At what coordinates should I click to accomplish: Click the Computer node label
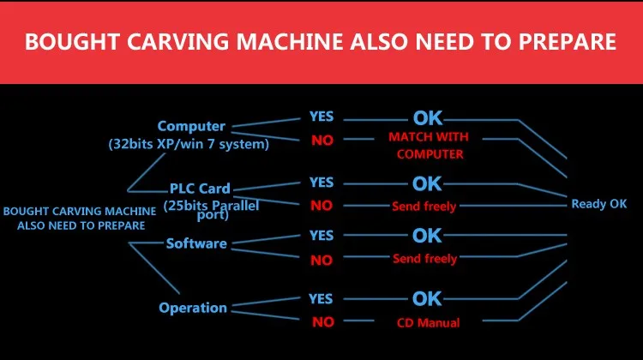tap(190, 127)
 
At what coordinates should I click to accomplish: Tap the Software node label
tap(196, 243)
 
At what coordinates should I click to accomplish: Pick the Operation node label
tap(193, 308)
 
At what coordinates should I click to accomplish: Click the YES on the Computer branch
tap(321, 117)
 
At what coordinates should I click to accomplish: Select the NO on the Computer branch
tap(322, 141)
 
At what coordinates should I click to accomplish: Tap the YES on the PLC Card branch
tap(321, 182)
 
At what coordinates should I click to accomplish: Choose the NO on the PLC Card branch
tap(321, 206)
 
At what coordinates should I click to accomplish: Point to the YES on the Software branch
tap(321, 235)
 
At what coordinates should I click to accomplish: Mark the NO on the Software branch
tap(321, 260)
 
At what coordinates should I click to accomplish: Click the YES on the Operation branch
tap(321, 299)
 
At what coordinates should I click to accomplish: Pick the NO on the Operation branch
tap(322, 323)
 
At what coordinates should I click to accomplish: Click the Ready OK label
tap(599, 204)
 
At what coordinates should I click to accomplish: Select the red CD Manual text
tap(428, 323)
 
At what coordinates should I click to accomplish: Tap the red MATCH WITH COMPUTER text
tap(430, 146)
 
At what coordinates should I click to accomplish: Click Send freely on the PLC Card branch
tap(424, 207)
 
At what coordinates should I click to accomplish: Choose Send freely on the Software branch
tap(424, 259)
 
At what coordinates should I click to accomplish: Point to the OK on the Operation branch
tap(427, 299)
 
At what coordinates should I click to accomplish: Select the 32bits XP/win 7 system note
tap(189, 144)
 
